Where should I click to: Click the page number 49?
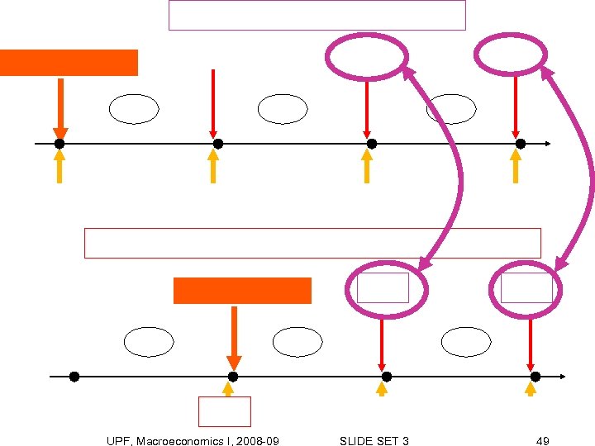click(542, 441)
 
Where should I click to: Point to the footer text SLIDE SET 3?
click(374, 441)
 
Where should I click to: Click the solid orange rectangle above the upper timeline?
click(69, 63)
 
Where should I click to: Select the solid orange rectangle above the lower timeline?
click(242, 291)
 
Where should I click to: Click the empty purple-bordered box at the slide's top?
click(317, 15)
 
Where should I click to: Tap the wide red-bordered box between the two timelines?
click(312, 243)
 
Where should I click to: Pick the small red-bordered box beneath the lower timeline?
click(225, 411)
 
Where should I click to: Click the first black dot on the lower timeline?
click(74, 377)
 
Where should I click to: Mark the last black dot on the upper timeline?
click(520, 144)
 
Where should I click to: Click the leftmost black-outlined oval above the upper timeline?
click(134, 109)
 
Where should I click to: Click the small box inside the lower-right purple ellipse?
click(526, 287)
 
